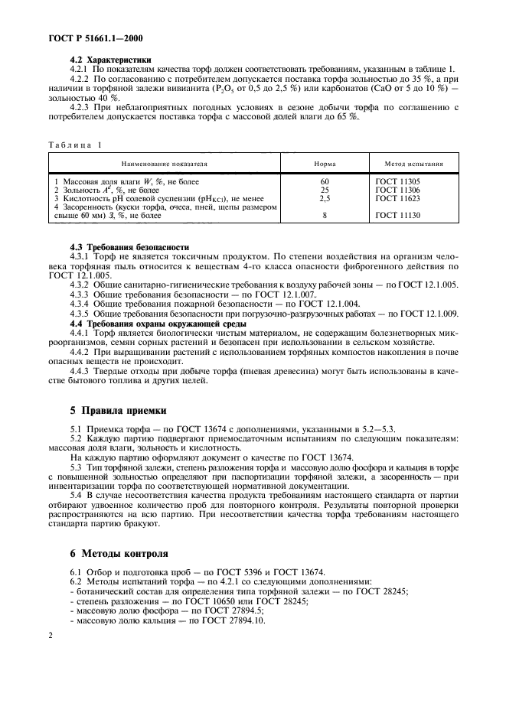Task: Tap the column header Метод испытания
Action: pyautogui.click(x=416, y=164)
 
